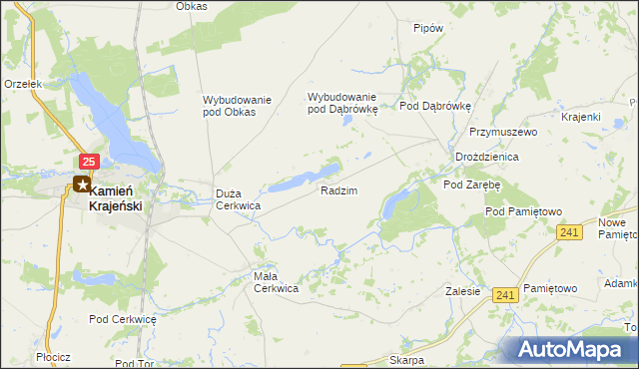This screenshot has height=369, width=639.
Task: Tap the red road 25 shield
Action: tap(89, 162)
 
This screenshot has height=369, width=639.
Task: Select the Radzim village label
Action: tap(338, 189)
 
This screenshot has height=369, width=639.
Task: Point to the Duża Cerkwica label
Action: tap(239, 199)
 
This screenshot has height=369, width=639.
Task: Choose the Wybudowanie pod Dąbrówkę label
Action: tap(342, 103)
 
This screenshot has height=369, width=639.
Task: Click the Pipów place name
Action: tap(427, 29)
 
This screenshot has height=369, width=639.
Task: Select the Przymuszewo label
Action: tap(504, 132)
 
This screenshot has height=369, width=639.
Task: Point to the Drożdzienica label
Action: tap(486, 158)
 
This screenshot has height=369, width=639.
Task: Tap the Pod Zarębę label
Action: tap(472, 184)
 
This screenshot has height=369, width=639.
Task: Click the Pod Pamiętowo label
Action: tap(525, 211)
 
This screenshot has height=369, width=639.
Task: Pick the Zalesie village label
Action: tap(463, 292)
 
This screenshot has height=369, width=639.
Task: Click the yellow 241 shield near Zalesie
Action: tap(506, 294)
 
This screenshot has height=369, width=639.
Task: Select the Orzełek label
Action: tap(22, 85)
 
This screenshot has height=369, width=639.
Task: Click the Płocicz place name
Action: tap(51, 357)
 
